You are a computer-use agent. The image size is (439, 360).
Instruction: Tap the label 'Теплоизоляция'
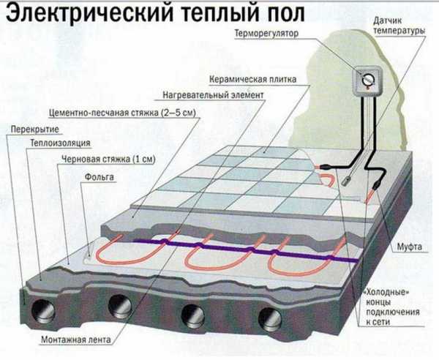(60, 143)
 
